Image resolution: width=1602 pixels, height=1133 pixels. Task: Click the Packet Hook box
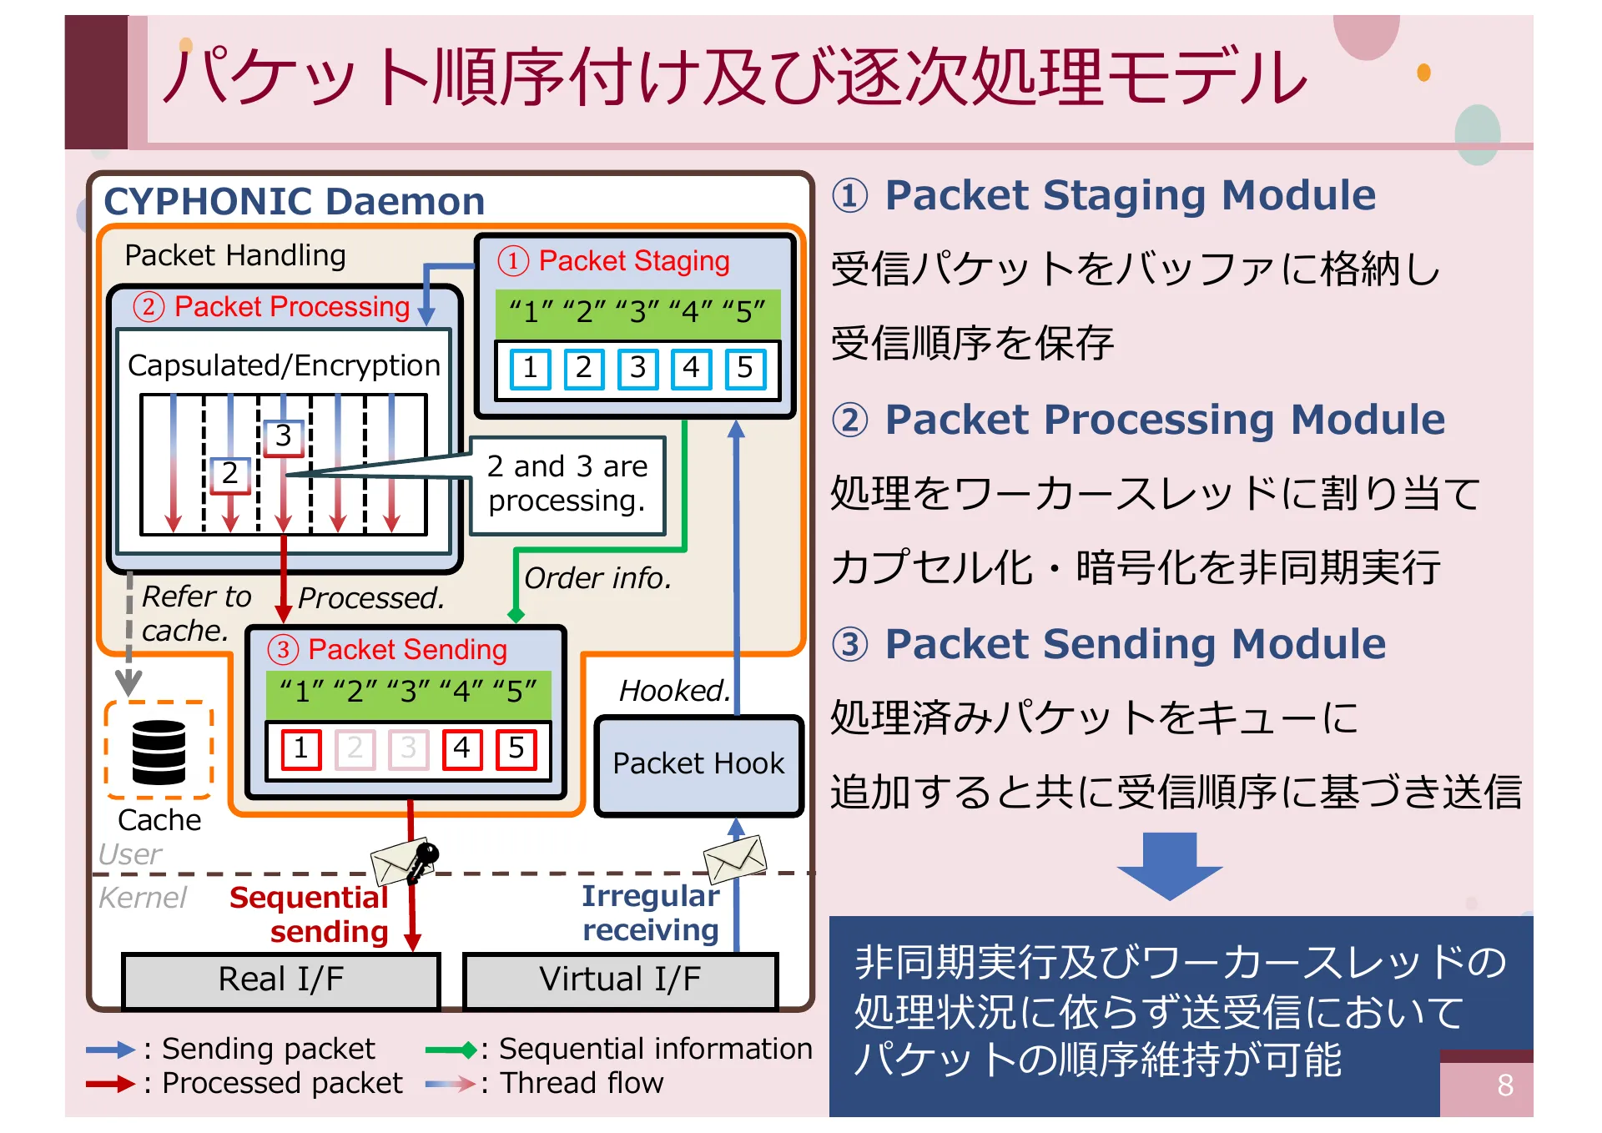698,764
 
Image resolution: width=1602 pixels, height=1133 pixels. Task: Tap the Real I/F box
280,980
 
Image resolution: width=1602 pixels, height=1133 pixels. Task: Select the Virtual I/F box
620,980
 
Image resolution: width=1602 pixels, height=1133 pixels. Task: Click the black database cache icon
159,752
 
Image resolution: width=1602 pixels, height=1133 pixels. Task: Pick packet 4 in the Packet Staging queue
692,368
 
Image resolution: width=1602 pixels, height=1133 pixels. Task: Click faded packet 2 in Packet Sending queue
355,748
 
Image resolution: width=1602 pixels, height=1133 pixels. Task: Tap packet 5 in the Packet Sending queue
516,748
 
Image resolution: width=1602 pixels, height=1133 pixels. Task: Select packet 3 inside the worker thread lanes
284,436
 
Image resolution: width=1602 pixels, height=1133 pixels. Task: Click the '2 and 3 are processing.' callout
567,484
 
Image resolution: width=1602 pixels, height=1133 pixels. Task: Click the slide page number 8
1505,1085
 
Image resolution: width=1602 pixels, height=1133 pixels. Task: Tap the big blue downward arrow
1170,866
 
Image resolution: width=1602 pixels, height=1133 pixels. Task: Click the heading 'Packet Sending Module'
1135,644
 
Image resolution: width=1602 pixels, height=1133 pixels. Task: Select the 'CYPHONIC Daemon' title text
294,201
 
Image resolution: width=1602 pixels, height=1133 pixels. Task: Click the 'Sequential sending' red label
309,914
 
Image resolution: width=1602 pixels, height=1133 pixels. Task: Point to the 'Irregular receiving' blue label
650,913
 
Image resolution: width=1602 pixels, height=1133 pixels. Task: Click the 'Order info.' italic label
597,578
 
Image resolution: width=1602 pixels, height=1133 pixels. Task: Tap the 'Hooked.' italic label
674,691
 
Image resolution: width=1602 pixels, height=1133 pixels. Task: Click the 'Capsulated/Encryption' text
284,365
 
